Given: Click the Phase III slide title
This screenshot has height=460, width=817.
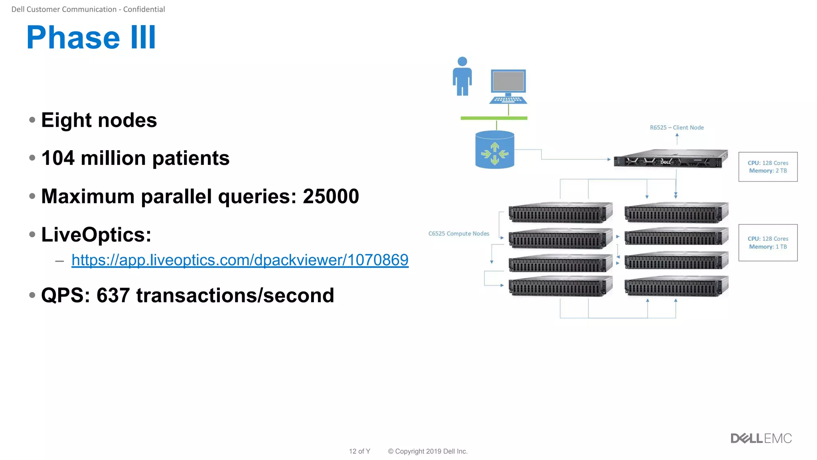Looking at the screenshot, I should (91, 38).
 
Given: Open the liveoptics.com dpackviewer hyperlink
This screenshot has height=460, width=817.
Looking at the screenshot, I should (240, 260).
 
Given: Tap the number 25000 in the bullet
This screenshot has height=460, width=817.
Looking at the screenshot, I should (331, 196).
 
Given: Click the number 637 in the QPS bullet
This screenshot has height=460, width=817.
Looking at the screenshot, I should (113, 295).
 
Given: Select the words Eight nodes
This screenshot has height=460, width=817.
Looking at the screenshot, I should (99, 120).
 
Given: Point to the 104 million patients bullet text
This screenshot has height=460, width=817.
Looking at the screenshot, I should (135, 158).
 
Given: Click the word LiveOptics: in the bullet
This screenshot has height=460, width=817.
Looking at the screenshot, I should (96, 234).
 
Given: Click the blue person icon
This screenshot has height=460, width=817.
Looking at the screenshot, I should (462, 77).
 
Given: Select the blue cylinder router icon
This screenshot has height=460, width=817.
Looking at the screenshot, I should (495, 150).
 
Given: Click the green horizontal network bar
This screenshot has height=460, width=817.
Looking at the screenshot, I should (493, 118).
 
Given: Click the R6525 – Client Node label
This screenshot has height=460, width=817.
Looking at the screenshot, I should (677, 127).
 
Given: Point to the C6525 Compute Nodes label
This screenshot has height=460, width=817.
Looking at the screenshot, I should (458, 234).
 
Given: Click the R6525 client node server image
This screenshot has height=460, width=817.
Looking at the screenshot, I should (670, 159).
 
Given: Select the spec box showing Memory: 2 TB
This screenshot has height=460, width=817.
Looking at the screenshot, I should (768, 167).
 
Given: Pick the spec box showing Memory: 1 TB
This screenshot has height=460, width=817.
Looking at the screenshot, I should (768, 243).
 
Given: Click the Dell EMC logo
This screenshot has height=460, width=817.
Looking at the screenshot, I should (761, 438).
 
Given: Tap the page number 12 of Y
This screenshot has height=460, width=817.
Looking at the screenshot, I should (359, 451).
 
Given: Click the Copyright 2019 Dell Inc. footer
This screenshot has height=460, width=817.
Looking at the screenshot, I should (427, 451).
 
